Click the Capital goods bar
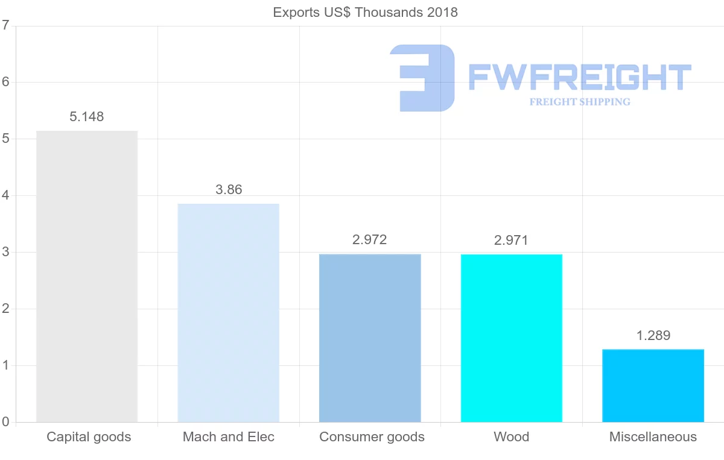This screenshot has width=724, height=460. click(x=87, y=276)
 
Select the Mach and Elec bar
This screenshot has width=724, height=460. click(x=228, y=312)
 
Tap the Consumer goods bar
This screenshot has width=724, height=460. click(x=370, y=338)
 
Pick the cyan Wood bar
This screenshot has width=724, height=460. click(x=511, y=338)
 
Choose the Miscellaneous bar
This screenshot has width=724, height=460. click(x=653, y=385)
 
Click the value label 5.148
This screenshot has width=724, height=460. click(x=87, y=117)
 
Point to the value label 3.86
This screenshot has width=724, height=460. click(x=229, y=190)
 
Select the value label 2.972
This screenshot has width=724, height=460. click(x=370, y=240)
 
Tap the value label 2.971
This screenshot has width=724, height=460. click(x=511, y=241)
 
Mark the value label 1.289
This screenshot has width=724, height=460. click(x=653, y=336)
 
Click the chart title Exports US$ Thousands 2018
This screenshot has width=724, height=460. click(x=366, y=13)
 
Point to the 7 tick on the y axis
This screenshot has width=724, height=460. click(x=5, y=26)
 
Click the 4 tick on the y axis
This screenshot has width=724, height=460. click(x=5, y=196)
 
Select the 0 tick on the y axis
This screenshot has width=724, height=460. click(x=5, y=422)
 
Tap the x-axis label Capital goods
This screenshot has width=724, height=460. click(x=89, y=437)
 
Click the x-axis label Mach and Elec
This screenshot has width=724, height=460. click(x=229, y=437)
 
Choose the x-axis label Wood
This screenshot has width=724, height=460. click(x=511, y=437)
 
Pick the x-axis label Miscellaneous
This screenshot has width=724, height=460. click(x=653, y=437)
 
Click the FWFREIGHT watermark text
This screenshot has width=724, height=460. click(x=579, y=78)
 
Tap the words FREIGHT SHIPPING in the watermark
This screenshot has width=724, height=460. click(x=580, y=102)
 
